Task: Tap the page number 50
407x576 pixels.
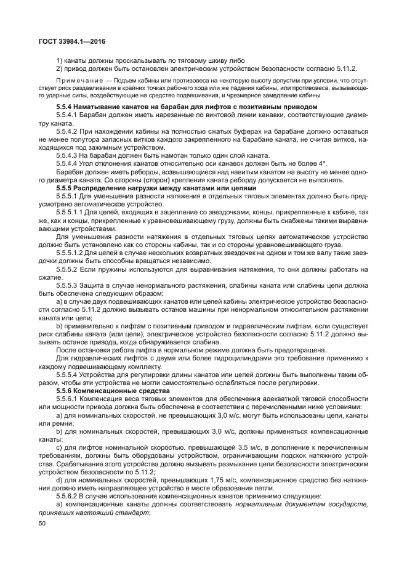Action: pyautogui.click(x=42, y=522)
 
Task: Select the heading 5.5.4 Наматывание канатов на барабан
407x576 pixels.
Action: pyautogui.click(x=186, y=107)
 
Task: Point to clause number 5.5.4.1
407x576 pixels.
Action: pyautogui.click(x=66, y=115)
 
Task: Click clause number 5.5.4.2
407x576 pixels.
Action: pyautogui.click(x=66, y=131)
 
